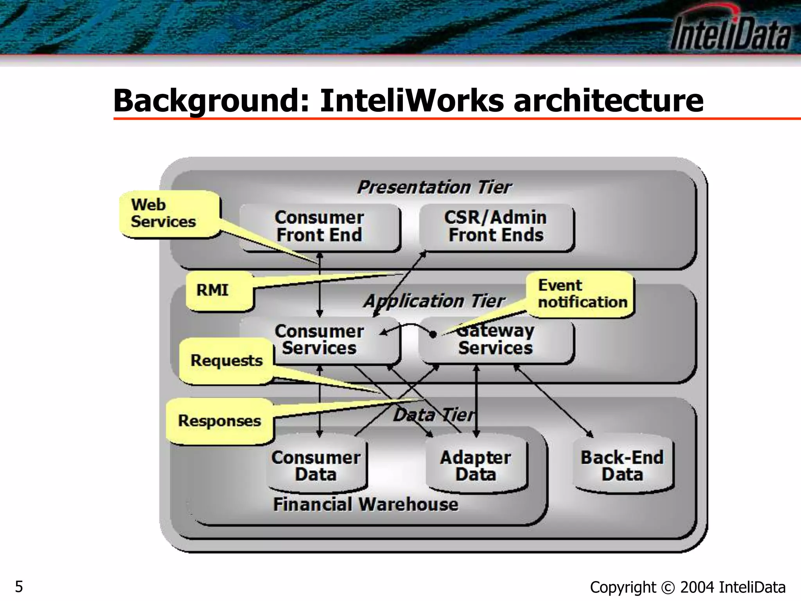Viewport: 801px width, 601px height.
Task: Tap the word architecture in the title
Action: pyautogui.click(x=608, y=101)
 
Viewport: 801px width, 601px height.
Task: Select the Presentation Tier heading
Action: pyautogui.click(x=434, y=187)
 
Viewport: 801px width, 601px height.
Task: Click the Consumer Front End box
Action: pyautogui.click(x=319, y=227)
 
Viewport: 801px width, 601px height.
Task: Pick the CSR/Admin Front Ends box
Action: pyautogui.click(x=496, y=227)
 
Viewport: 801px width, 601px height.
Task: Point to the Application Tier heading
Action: pyautogui.click(x=434, y=301)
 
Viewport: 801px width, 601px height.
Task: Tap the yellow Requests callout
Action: pyautogui.click(x=226, y=360)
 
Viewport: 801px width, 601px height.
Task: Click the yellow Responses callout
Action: pyautogui.click(x=219, y=421)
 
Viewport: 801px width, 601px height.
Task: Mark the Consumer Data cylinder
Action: pyautogui.click(x=316, y=466)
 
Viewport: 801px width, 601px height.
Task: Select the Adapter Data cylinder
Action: pyautogui.click(x=475, y=466)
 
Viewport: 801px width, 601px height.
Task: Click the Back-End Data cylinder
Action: pyautogui.click(x=622, y=466)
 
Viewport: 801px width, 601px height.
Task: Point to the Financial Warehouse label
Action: pyautogui.click(x=366, y=504)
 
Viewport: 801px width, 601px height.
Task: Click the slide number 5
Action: pyautogui.click(x=19, y=587)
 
